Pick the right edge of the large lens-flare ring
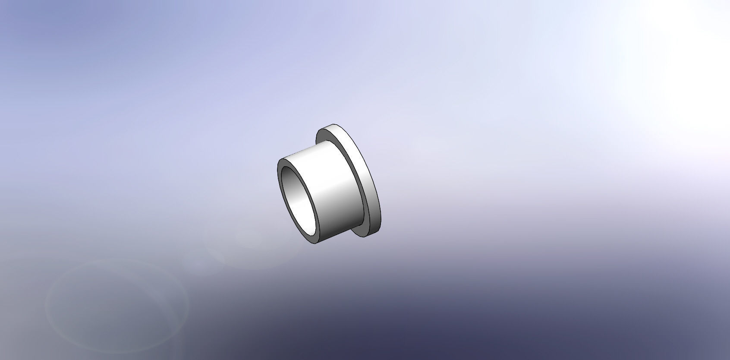[189, 302]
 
